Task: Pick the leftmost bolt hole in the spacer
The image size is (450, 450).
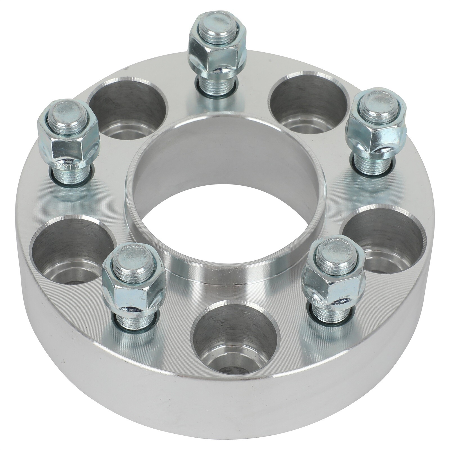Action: point(72,247)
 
